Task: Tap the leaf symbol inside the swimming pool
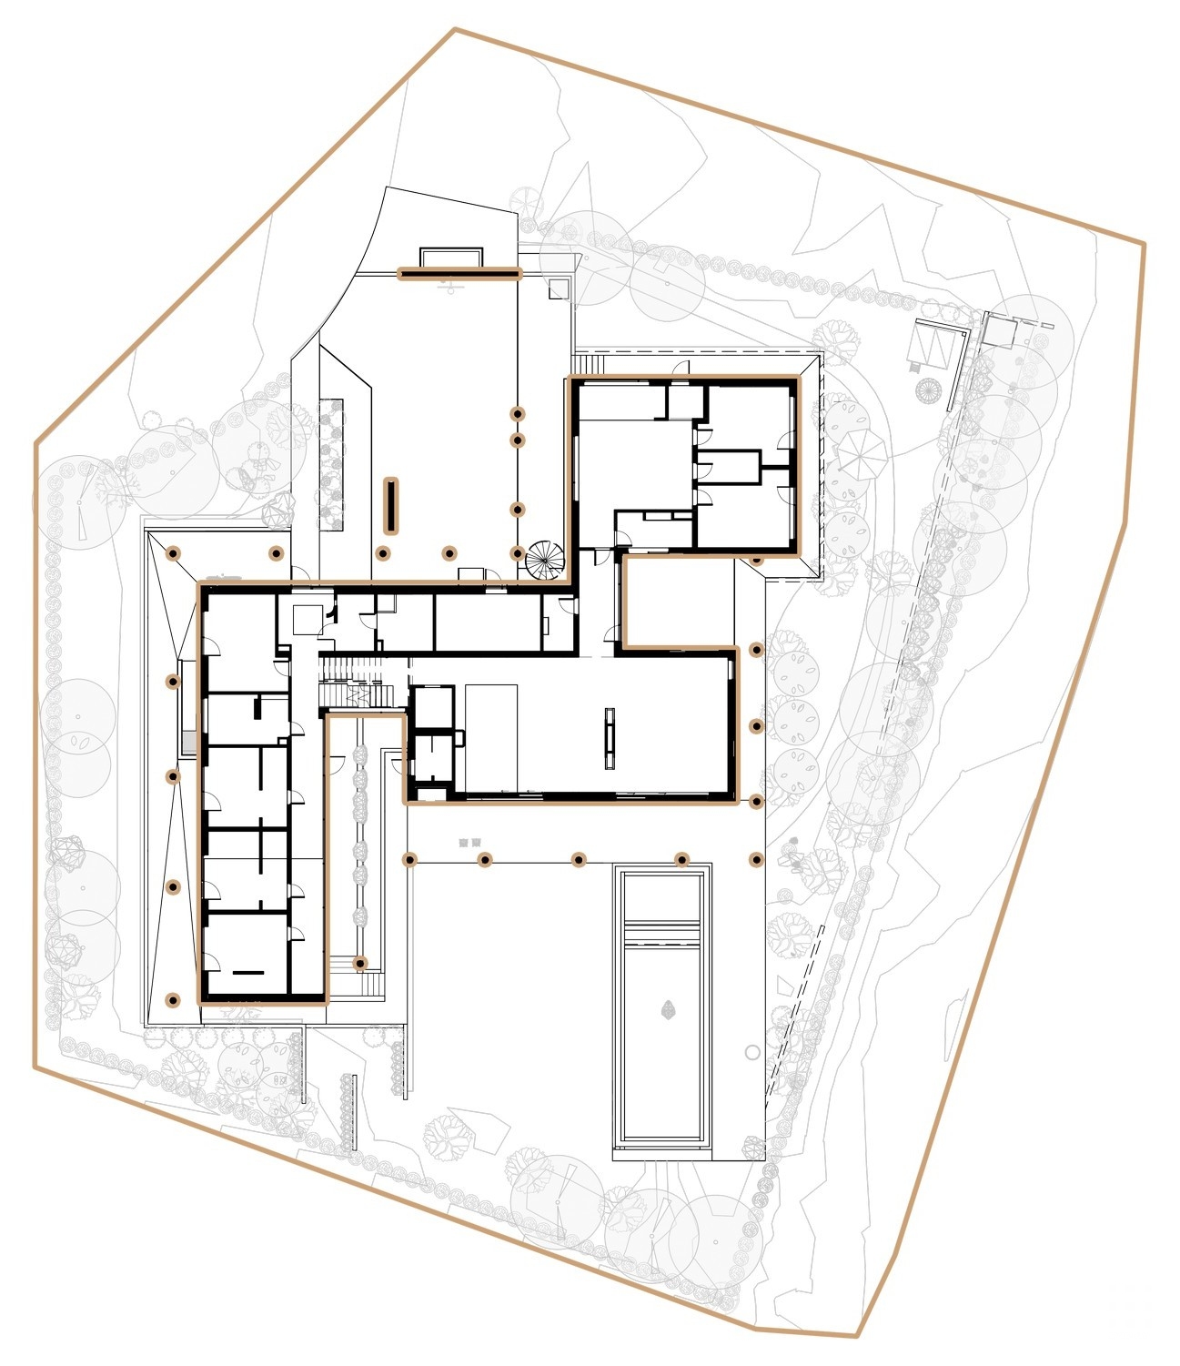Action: click(x=669, y=1008)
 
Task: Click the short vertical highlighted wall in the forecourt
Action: click(x=391, y=504)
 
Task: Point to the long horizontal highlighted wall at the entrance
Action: click(x=459, y=272)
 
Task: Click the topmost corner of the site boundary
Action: click(x=456, y=30)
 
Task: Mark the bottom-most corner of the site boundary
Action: click(x=856, y=1336)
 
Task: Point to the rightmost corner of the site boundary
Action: click(x=1144, y=243)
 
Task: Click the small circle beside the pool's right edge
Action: click(x=751, y=1052)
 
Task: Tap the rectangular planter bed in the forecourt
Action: click(x=332, y=463)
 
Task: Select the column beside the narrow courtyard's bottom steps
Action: click(x=360, y=963)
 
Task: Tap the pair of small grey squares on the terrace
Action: click(x=469, y=842)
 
